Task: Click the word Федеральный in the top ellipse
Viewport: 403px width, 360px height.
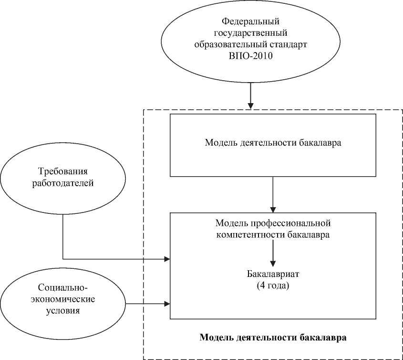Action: [x=250, y=21]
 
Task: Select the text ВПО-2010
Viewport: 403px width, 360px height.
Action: [x=250, y=56]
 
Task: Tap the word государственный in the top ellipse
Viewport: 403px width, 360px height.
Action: [x=250, y=33]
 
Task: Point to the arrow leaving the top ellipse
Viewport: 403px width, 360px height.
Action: [x=250, y=95]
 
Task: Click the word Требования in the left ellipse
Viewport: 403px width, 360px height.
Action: [x=63, y=171]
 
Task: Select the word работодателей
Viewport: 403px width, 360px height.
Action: [x=62, y=183]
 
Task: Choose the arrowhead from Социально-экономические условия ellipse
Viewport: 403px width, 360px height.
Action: [x=167, y=303]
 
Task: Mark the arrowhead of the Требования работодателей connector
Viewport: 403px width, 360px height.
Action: [x=167, y=259]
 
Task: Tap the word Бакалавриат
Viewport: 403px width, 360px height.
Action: [x=272, y=276]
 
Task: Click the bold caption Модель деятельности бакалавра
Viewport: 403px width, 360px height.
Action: [x=272, y=337]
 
